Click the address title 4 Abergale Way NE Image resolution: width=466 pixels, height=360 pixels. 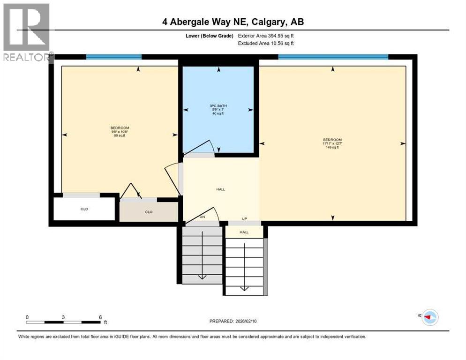(x=233, y=22)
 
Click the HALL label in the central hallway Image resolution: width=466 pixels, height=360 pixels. (x=220, y=189)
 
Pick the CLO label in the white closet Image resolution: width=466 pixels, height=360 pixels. (x=85, y=209)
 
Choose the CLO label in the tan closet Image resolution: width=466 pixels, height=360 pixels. (x=149, y=212)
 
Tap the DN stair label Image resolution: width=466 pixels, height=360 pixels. (x=202, y=217)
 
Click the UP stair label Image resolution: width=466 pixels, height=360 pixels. (x=244, y=219)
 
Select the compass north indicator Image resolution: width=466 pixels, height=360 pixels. (x=429, y=317)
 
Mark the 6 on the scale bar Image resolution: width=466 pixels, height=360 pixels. (x=100, y=317)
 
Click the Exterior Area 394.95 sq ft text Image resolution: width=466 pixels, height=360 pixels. (x=266, y=36)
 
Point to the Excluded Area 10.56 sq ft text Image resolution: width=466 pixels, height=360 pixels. (x=266, y=44)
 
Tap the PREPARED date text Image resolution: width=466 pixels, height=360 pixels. (x=233, y=321)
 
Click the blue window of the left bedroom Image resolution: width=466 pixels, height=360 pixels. (x=114, y=57)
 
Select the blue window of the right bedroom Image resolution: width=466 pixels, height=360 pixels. (x=333, y=57)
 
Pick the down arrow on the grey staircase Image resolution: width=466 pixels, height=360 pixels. (x=202, y=276)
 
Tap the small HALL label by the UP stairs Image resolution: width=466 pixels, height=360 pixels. (x=244, y=232)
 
